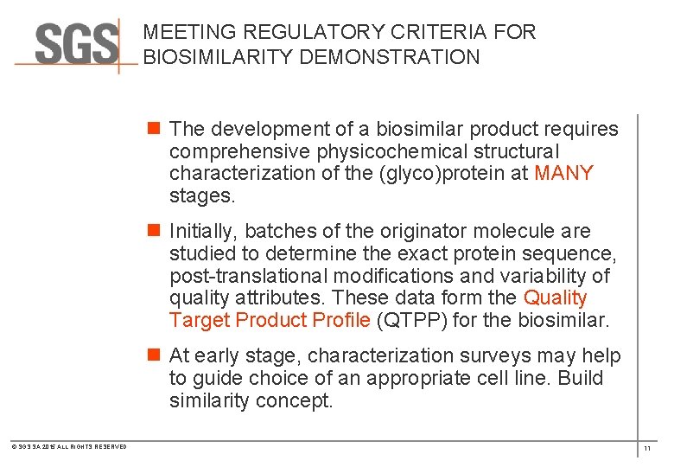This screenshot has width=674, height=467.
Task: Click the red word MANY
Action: [563, 173]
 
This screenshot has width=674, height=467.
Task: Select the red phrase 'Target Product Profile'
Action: [270, 320]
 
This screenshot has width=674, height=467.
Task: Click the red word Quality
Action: [555, 298]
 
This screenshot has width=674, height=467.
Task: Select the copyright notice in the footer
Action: [68, 447]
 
